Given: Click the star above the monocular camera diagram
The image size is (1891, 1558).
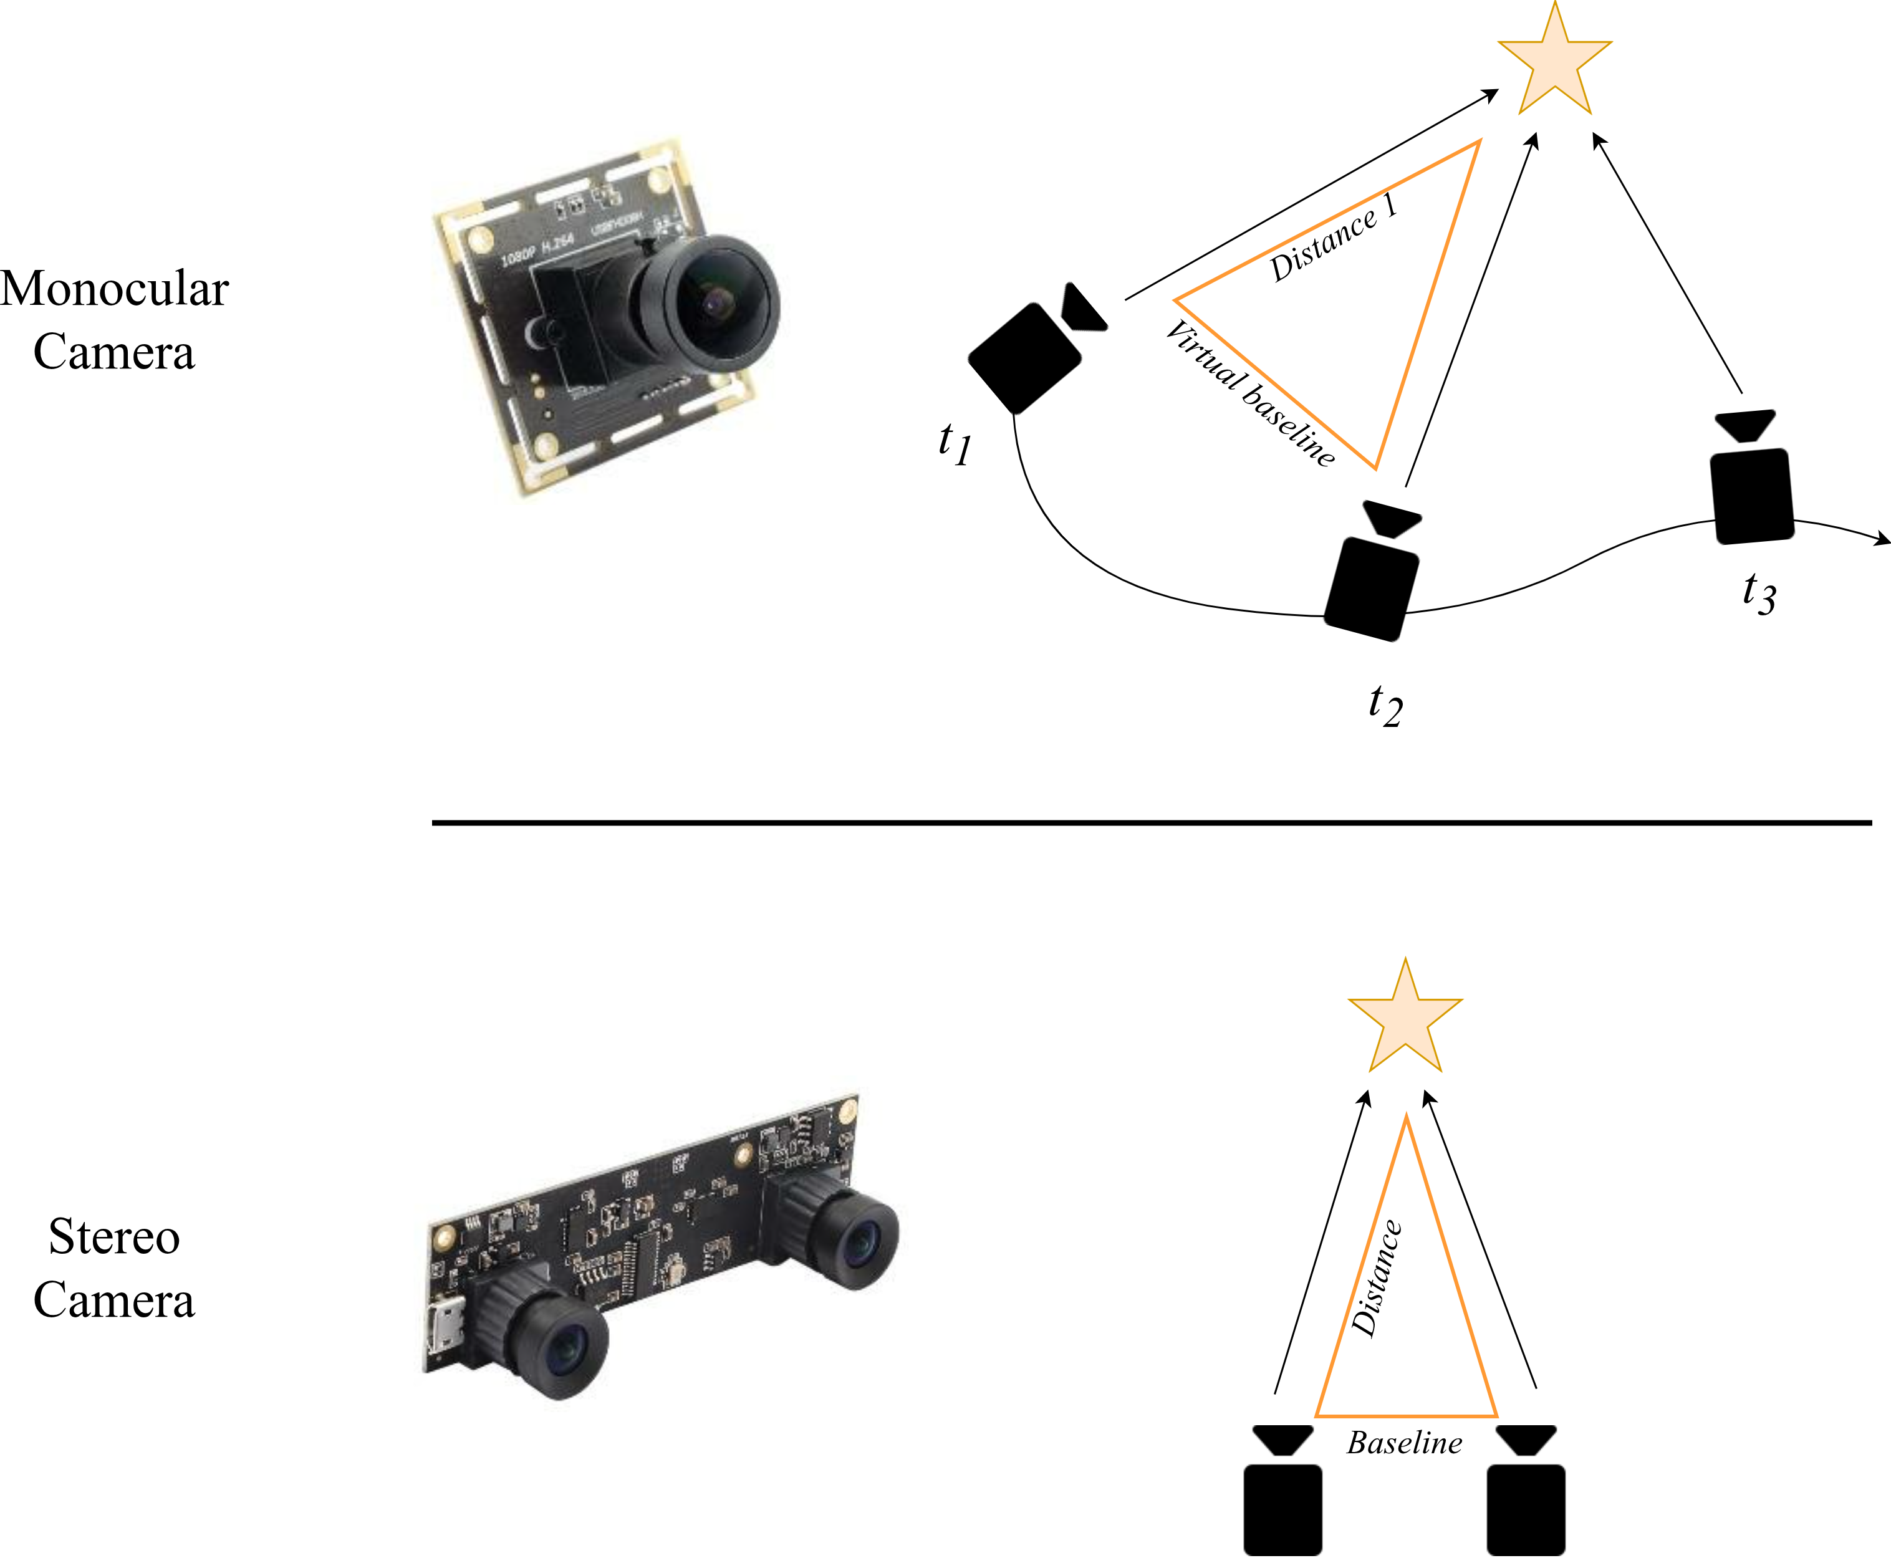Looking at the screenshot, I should tap(1554, 65).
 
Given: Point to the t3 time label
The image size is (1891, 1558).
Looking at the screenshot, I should tap(1758, 594).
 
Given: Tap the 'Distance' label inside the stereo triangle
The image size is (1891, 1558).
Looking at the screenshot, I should tap(1376, 1278).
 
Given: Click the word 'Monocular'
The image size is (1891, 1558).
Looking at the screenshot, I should tap(115, 289).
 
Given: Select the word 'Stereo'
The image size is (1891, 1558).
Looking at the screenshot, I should tap(115, 1238).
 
